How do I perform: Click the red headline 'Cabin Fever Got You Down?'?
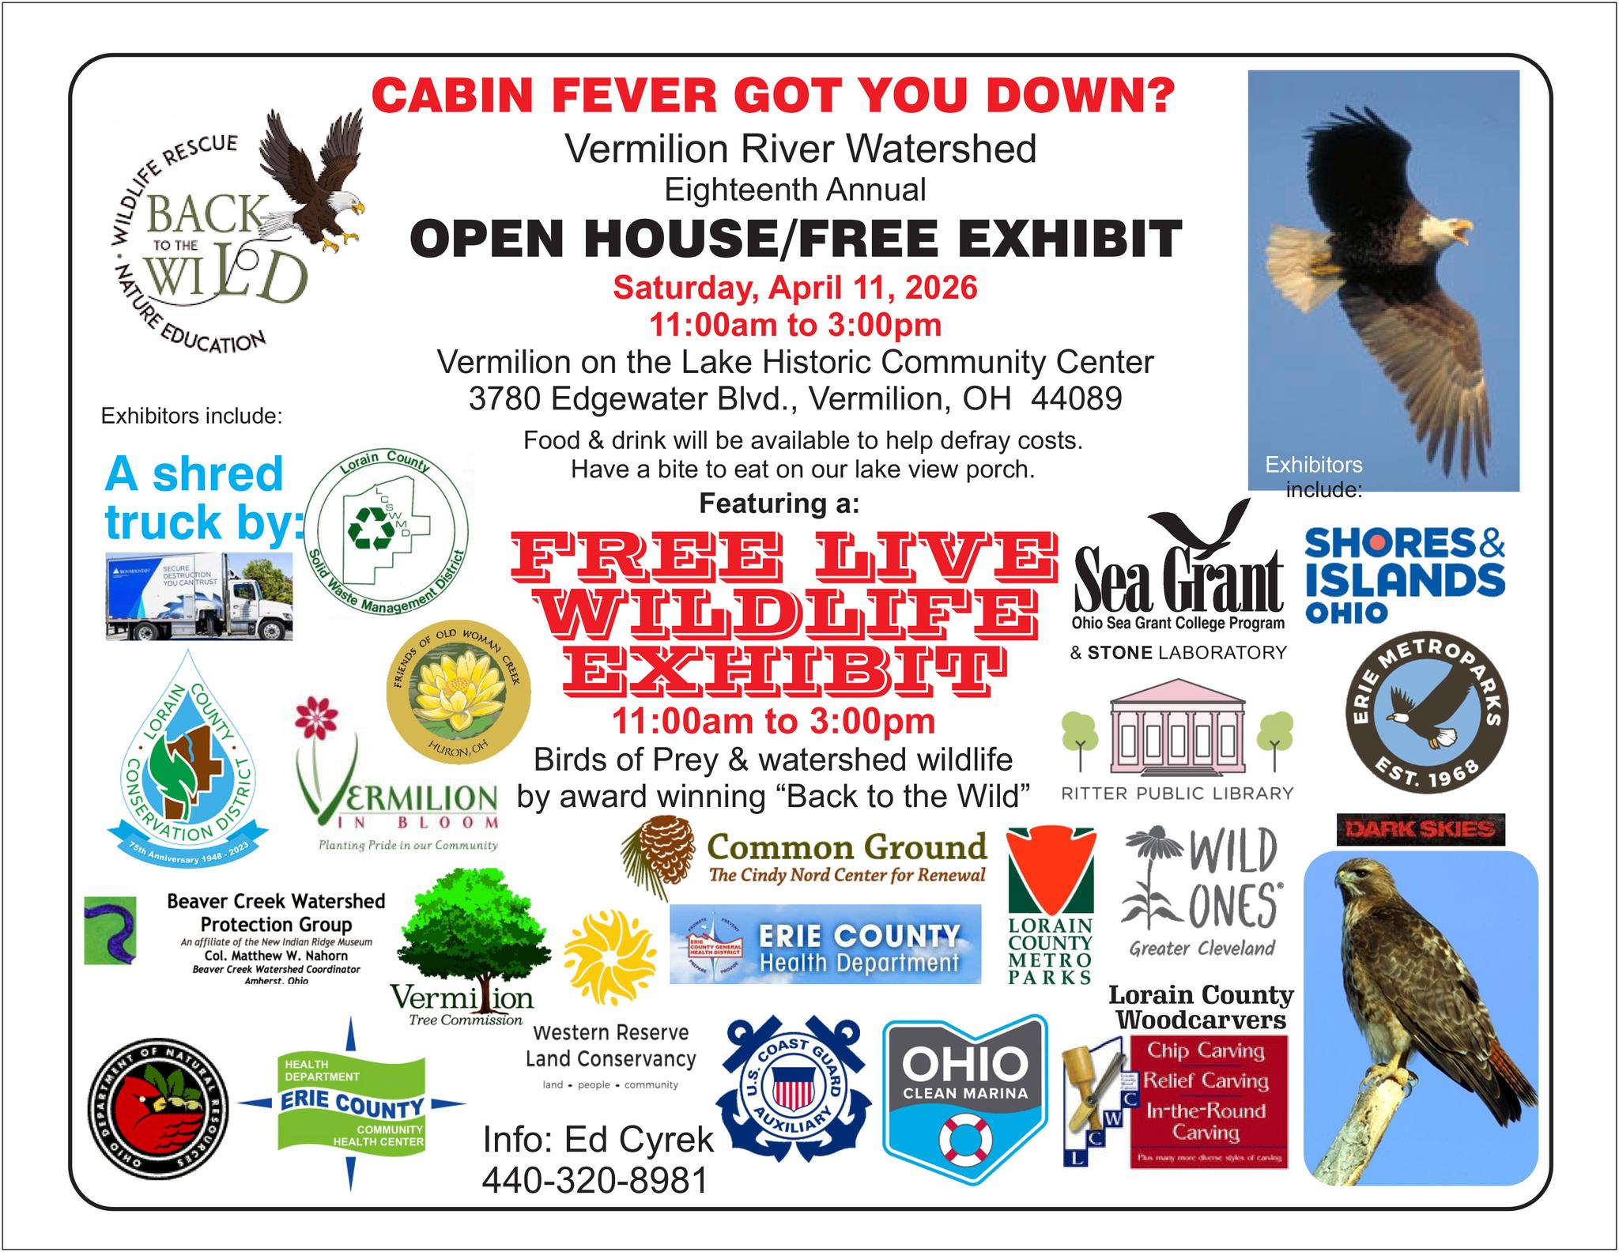[773, 96]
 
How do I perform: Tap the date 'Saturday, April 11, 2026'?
[794, 287]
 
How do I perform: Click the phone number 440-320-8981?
[594, 1181]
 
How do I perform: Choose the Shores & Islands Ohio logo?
[1404, 574]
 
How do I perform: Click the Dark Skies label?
[1421, 829]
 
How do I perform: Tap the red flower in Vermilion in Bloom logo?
[315, 716]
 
